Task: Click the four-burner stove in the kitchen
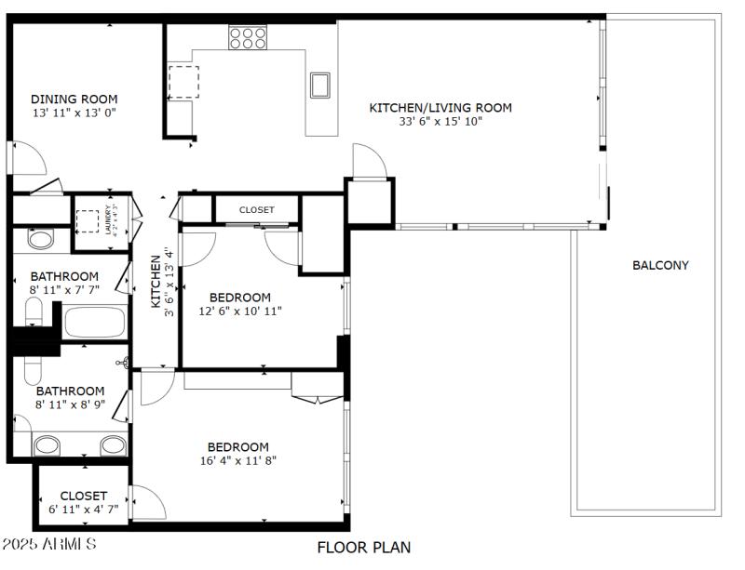pos(248,37)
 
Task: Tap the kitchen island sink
pos(321,85)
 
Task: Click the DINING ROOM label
pos(74,99)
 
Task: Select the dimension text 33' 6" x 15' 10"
pos(440,121)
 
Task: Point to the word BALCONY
pos(660,265)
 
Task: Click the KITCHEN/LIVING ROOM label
pos(440,107)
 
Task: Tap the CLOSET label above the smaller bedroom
pos(257,210)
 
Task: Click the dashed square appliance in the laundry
pos(88,220)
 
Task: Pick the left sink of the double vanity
pos(47,445)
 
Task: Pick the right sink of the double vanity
pos(113,445)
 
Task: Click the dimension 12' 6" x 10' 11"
pos(239,311)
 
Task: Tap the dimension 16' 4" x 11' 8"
pos(238,460)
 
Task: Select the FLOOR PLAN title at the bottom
pos(364,548)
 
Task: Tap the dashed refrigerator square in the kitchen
pos(183,81)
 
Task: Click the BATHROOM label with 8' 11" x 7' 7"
pos(64,276)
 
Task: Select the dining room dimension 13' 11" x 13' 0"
pos(74,113)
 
